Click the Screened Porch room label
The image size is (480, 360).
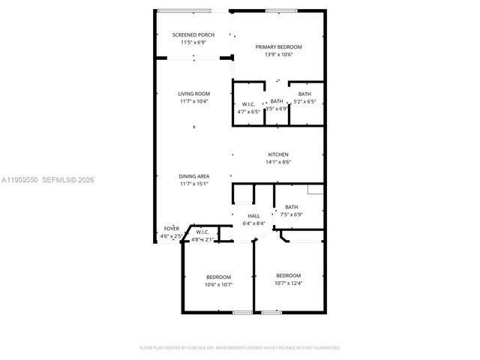click(193, 35)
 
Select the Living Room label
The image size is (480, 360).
click(193, 94)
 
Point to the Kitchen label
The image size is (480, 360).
click(278, 154)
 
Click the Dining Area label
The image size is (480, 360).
click(193, 176)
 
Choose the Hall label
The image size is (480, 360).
click(253, 216)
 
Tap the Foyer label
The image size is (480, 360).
click(172, 229)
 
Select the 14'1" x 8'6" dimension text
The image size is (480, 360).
click(278, 162)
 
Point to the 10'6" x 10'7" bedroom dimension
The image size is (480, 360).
click(218, 284)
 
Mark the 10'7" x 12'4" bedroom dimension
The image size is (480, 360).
click(288, 283)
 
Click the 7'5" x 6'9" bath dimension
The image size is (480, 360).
click(291, 214)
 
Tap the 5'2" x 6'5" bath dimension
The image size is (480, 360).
click(304, 101)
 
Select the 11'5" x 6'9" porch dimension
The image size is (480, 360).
click(193, 43)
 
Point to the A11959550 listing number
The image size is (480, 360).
click(18, 180)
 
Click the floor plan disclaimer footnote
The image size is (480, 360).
click(240, 348)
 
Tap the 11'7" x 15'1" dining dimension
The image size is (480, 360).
click(193, 184)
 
